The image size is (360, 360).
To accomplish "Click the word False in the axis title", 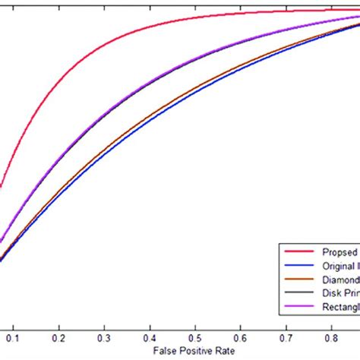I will [164, 351].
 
